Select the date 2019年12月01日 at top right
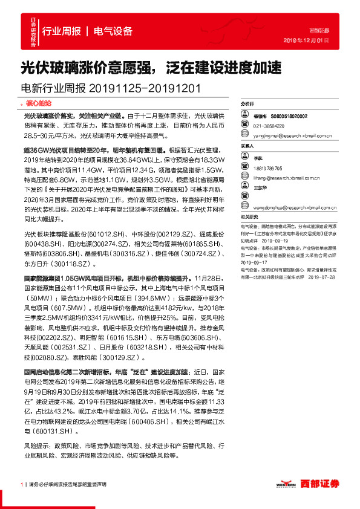(x=306, y=40)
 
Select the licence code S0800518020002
(x=289, y=115)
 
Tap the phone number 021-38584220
(x=269, y=126)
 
